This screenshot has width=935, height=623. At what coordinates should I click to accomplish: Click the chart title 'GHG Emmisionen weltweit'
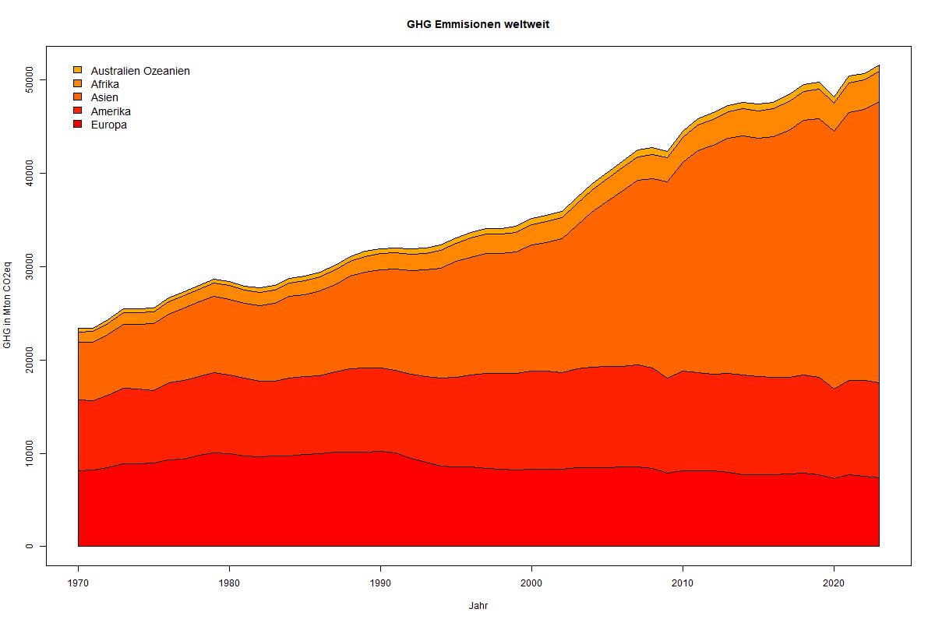point(478,24)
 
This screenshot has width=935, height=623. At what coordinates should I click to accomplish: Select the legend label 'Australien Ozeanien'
point(140,71)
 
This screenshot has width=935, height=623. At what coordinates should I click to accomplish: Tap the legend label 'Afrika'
point(105,84)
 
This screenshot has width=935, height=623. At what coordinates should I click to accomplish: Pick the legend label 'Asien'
point(104,97)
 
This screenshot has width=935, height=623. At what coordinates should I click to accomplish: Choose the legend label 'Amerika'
point(111,111)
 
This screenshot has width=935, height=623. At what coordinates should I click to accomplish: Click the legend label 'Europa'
point(108,125)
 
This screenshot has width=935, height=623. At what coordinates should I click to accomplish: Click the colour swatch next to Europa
point(77,125)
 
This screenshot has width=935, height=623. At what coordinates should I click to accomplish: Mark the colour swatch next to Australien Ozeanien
point(77,71)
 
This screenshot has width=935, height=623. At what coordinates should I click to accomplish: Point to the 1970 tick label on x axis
point(78,583)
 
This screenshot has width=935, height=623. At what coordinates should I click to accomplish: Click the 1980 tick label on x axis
point(229,583)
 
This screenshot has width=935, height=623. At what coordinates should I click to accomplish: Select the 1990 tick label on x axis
point(380,583)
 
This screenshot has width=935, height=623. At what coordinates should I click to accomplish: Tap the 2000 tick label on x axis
point(531,583)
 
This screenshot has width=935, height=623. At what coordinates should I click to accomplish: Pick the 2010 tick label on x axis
point(683,583)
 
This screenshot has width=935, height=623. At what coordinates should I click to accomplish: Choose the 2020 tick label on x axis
point(834,583)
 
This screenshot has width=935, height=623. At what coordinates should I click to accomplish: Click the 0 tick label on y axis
point(30,546)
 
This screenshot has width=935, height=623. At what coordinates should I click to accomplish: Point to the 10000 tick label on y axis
point(30,452)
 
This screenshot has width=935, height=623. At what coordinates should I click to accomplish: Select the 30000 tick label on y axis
point(30,266)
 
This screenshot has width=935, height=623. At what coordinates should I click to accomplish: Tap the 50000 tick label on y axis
point(30,79)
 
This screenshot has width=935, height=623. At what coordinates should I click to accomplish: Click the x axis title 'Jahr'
point(478,605)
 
